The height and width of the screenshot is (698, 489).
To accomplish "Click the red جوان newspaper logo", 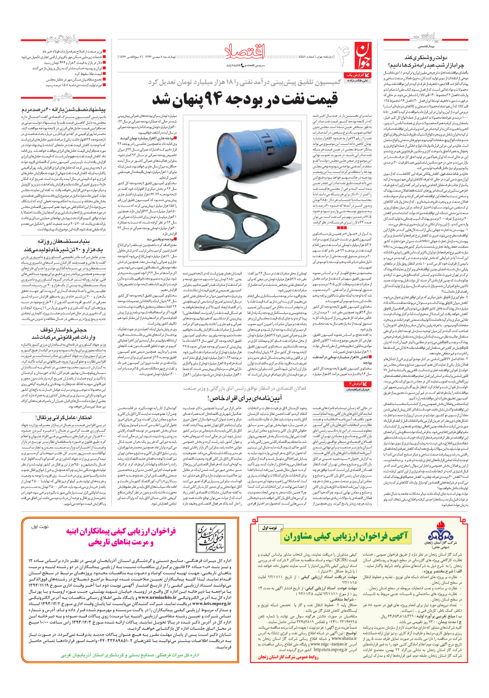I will (x=362, y=55).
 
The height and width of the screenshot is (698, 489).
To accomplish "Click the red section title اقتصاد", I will (x=245, y=50).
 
